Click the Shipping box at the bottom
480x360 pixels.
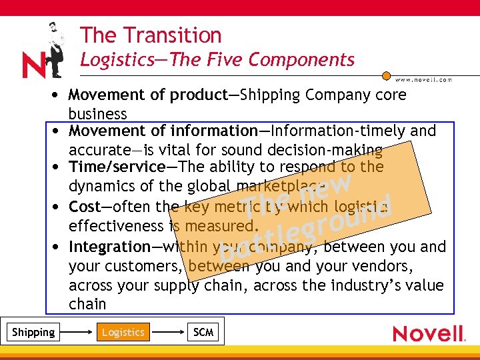click(34, 332)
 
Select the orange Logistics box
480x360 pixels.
click(123, 332)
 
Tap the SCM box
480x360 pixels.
click(203, 332)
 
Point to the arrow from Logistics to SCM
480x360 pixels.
click(166, 331)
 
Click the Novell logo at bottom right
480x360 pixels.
click(429, 333)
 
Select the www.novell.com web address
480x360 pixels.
click(425, 79)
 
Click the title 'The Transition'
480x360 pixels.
click(151, 35)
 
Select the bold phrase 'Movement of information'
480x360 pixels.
click(163, 131)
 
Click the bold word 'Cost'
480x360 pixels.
click(84, 207)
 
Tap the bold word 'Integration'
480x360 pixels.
click(109, 247)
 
